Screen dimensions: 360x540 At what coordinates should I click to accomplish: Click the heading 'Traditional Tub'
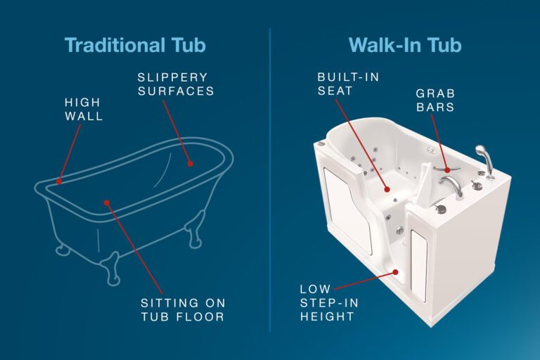(x=134, y=44)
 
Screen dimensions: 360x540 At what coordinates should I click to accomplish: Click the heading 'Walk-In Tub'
(x=404, y=44)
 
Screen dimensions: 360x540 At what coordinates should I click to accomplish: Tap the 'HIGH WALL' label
(x=83, y=109)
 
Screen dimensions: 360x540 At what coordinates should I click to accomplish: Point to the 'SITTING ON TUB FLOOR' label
(x=181, y=309)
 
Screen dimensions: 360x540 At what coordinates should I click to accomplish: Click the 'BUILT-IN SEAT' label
(x=348, y=83)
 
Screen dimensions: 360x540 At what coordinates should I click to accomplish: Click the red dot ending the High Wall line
(x=59, y=181)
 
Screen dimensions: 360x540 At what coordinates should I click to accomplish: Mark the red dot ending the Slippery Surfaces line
(x=191, y=162)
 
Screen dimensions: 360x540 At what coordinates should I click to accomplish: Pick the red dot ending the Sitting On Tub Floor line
(x=107, y=202)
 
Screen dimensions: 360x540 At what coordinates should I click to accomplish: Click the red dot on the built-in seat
(x=385, y=188)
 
